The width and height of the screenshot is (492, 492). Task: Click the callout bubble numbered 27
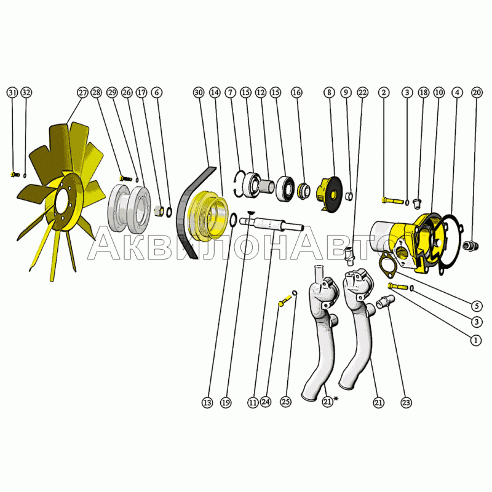[x=82, y=93]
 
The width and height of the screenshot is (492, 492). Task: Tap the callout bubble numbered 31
[x=12, y=93]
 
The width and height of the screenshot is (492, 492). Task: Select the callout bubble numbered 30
[x=198, y=93]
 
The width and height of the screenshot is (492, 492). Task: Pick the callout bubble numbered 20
[x=477, y=93]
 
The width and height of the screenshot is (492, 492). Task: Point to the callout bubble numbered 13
[x=207, y=403]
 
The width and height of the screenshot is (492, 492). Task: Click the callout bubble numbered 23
[x=406, y=403]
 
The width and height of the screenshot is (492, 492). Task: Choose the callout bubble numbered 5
[x=476, y=306]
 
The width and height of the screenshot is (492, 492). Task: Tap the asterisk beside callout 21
[x=336, y=399]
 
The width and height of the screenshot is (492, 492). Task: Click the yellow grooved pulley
[x=207, y=216]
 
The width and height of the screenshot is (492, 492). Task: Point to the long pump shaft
[x=271, y=224]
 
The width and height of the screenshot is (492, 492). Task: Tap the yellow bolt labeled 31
[x=15, y=174]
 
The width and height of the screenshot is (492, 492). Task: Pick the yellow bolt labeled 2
[x=393, y=200]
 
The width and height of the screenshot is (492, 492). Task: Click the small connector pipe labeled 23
[x=386, y=303]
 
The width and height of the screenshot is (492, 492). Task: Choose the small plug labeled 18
[x=417, y=203]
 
